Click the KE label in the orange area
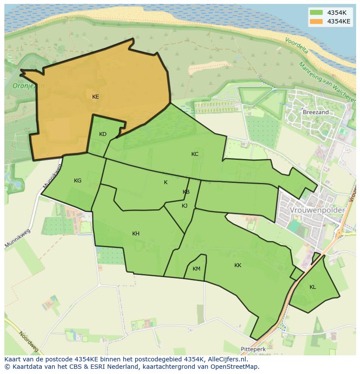[96, 97]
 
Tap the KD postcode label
[103, 134]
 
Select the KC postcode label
[195, 154]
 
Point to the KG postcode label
[78, 181]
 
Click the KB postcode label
[186, 192]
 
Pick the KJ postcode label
[185, 206]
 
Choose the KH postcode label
[136, 234]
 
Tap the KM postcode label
[197, 269]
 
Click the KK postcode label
[238, 265]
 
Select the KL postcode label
[313, 287]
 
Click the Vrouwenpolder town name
[317, 210]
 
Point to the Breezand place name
[316, 112]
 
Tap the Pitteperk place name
[253, 349]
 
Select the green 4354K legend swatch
[316, 13]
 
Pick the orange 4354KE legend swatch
[316, 21]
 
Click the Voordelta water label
[297, 45]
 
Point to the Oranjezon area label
[29, 86]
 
